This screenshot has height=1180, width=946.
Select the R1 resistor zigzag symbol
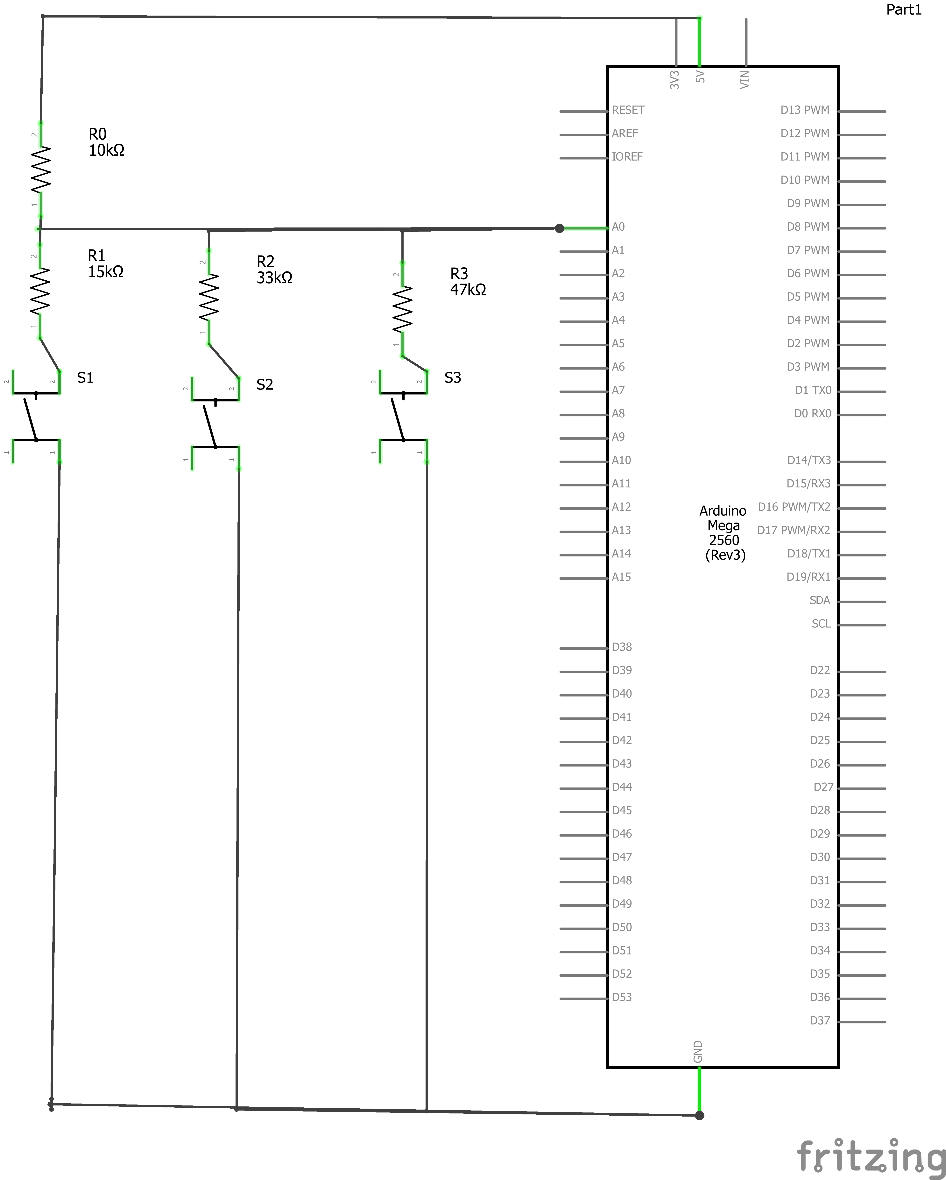pyautogui.click(x=40, y=291)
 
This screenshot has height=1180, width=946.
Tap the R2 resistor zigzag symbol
pyautogui.click(x=208, y=297)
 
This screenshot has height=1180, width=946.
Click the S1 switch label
pyautogui.click(x=85, y=378)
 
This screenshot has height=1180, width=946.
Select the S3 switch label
pyautogui.click(x=453, y=378)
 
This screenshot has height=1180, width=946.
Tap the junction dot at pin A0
pyautogui.click(x=559, y=228)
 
